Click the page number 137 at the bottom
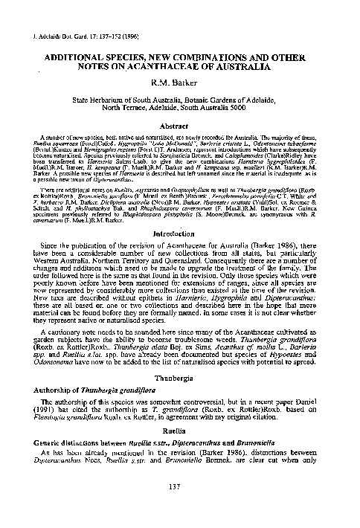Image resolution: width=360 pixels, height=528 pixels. (179, 508)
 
